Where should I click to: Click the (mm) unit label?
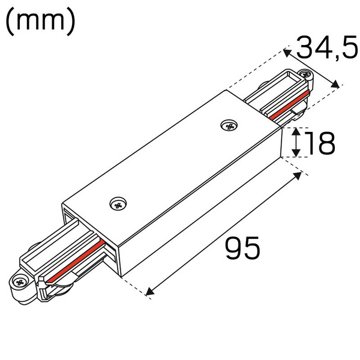pyautogui.click(x=40, y=22)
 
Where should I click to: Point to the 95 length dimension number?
pyautogui.click(x=243, y=248)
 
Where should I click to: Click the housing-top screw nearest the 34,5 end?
pyautogui.click(x=227, y=125)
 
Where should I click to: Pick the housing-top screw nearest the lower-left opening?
pyautogui.click(x=118, y=204)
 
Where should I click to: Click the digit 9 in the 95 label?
pyautogui.click(x=234, y=248)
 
